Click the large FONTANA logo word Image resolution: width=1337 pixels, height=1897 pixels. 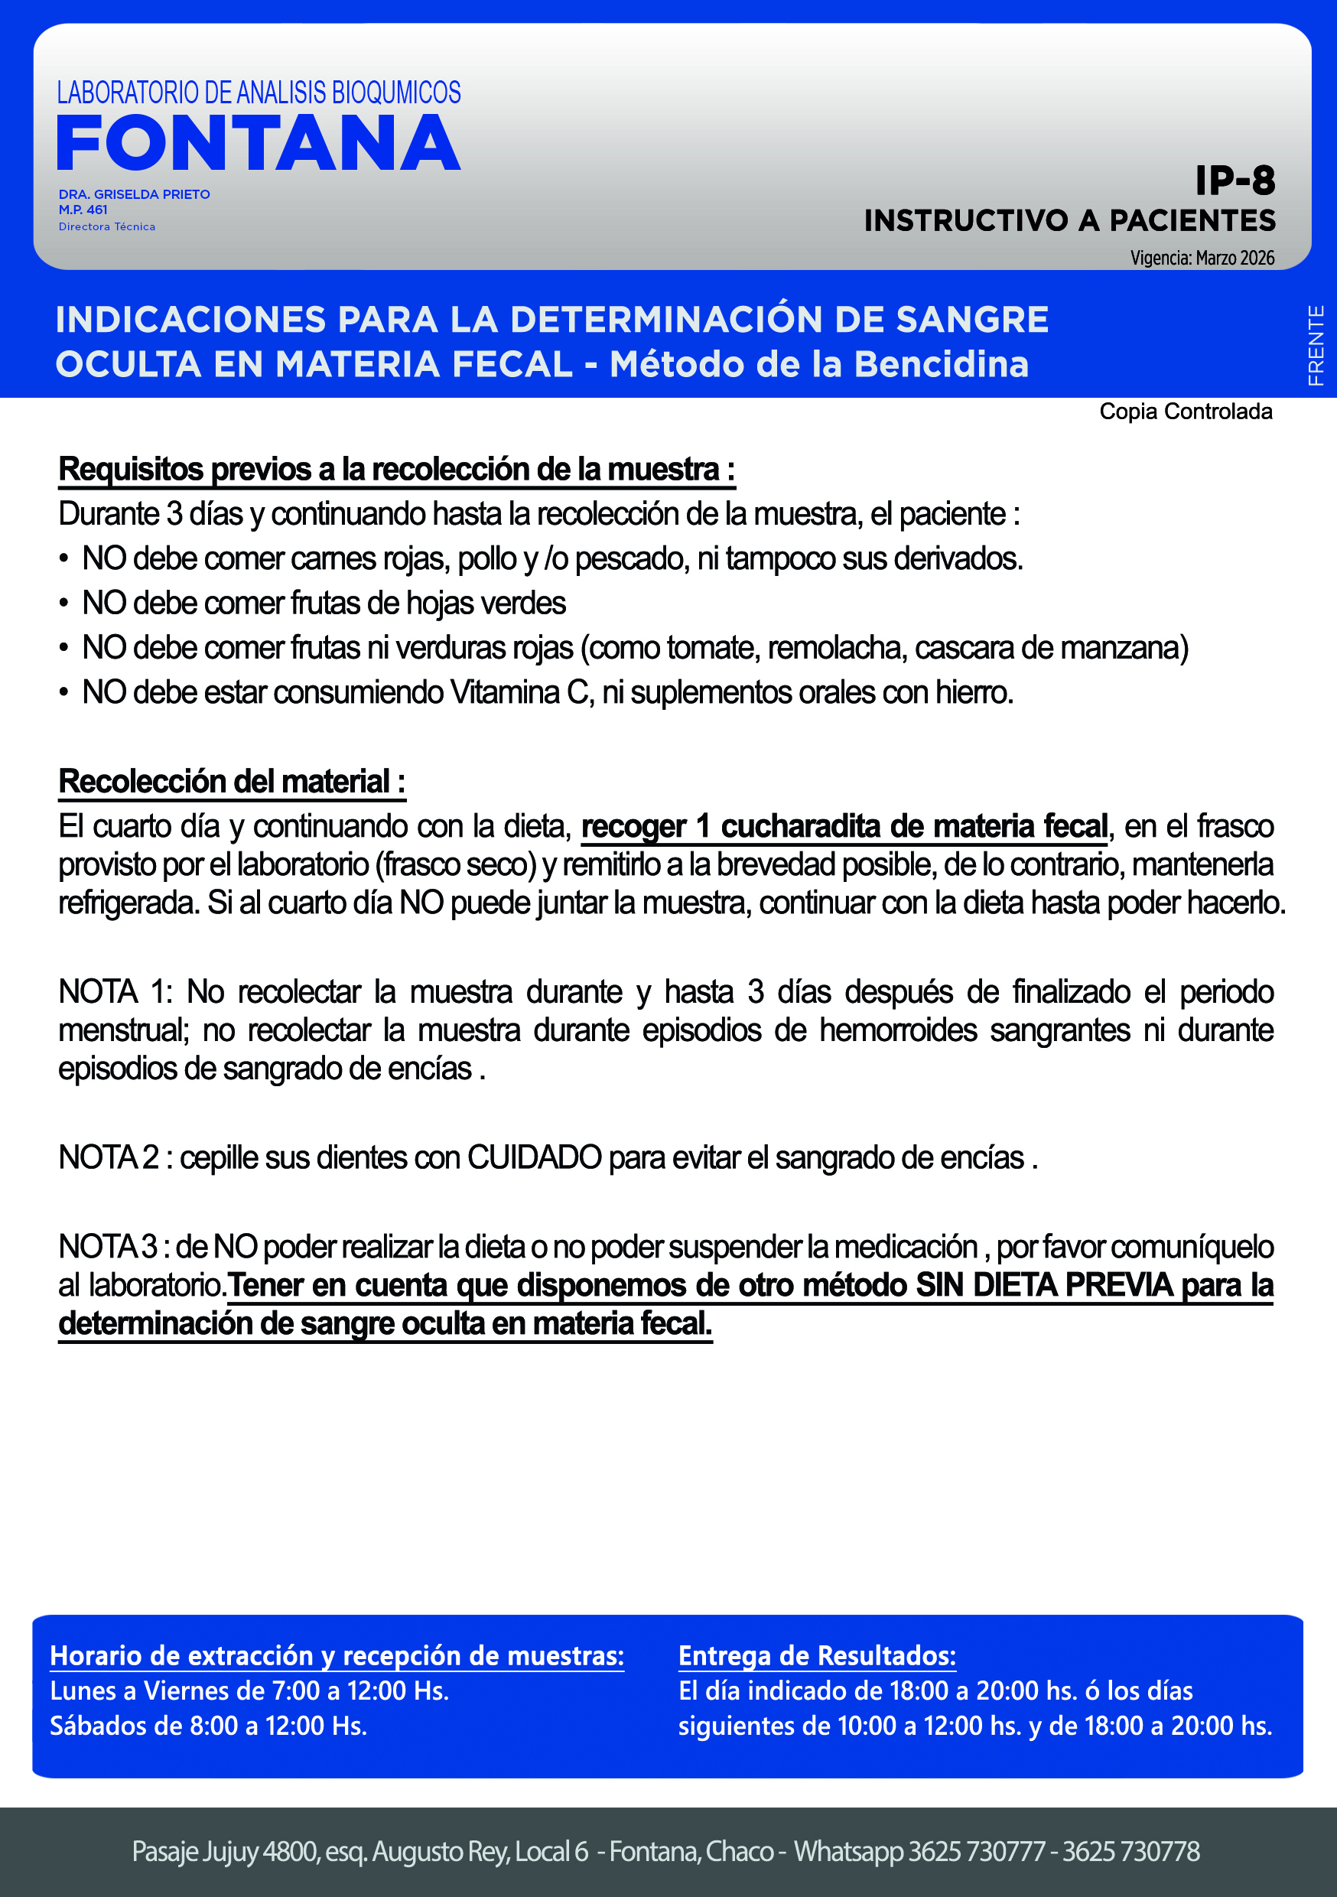point(258,144)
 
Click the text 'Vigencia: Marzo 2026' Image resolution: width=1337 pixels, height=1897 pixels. point(1202,258)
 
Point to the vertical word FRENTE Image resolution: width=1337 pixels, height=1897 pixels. point(1316,344)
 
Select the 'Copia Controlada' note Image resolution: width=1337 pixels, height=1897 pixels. point(1185,412)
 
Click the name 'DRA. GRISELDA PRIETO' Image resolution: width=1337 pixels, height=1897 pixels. point(134,194)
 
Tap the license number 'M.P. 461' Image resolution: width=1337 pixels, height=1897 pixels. point(83,210)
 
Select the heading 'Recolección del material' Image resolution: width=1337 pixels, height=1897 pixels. point(231,781)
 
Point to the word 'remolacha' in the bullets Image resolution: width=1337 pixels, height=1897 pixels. point(836,648)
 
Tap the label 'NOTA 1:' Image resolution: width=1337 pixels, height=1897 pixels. point(115,991)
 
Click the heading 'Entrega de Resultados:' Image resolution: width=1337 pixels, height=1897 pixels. point(816,1656)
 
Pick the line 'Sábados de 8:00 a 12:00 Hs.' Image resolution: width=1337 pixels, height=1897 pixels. point(208,1725)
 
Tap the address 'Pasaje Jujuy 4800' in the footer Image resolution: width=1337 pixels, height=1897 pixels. point(224,1852)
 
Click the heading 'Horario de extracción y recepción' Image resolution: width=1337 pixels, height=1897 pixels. point(337,1656)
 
